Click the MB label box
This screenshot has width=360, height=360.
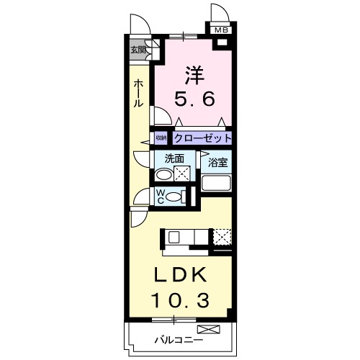220,30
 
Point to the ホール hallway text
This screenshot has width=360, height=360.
138,94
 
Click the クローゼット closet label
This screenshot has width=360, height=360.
202,138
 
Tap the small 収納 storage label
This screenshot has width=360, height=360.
161,138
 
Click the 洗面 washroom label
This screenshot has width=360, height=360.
175,159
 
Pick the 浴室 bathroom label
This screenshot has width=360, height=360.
218,163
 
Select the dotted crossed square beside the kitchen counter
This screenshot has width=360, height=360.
222,238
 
